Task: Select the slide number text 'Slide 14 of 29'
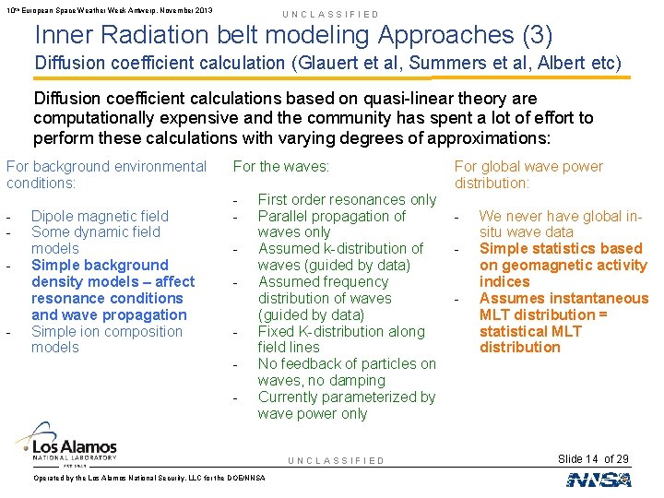coord(593,459)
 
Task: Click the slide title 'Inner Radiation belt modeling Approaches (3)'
coord(293,36)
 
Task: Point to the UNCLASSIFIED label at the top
coord(330,15)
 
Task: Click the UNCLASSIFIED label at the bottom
coord(336,460)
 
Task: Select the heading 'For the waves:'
coord(279,167)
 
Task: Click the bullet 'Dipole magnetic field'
coord(100,216)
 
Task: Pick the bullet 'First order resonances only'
coord(347,199)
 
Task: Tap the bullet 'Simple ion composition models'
coord(106,339)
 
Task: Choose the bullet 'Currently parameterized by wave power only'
coord(346,406)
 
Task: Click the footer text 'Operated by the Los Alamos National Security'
coord(148,478)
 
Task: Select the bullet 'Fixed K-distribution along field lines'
coord(341,339)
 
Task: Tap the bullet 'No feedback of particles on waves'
coord(347,372)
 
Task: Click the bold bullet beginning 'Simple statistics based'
coord(563,265)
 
